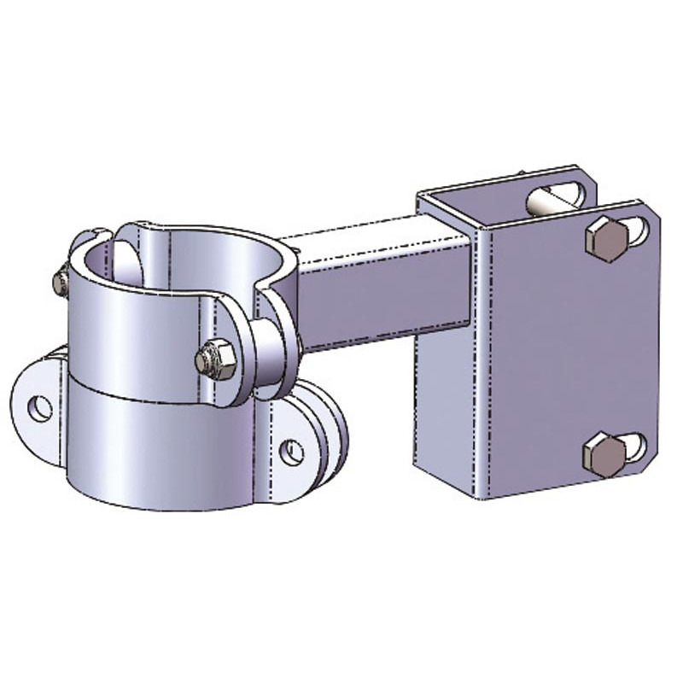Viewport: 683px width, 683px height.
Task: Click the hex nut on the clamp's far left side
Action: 60,283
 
